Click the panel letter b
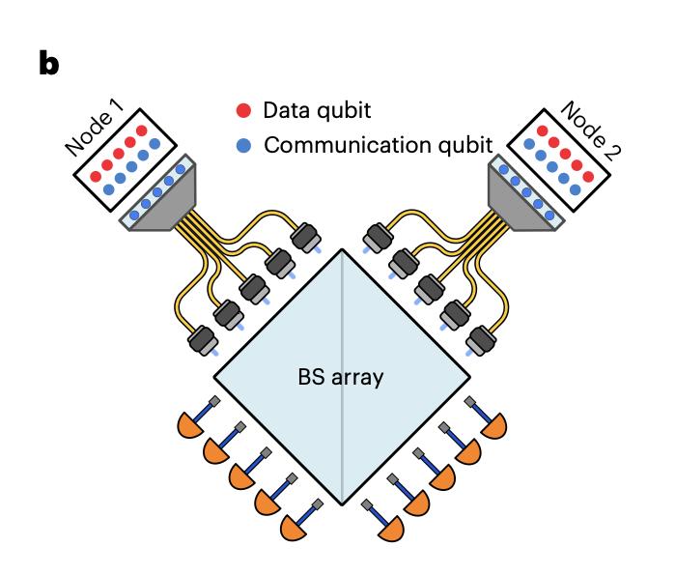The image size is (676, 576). (48, 64)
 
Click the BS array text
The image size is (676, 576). (340, 376)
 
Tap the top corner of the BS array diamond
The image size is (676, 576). (340, 249)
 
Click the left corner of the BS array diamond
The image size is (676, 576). (212, 377)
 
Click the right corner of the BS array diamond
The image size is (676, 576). (467, 377)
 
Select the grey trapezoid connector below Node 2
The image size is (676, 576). (519, 202)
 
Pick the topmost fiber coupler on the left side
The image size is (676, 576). (307, 236)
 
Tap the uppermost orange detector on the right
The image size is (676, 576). (493, 422)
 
